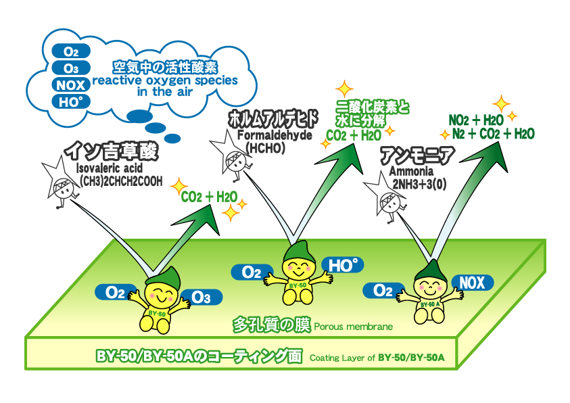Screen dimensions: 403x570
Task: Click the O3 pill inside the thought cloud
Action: [x=71, y=68]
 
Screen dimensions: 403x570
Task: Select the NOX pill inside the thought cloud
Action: [x=71, y=85]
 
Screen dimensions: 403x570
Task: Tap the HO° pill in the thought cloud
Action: [x=71, y=103]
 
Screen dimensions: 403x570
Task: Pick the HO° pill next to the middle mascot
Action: [x=343, y=266]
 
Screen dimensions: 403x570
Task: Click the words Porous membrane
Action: [x=352, y=327]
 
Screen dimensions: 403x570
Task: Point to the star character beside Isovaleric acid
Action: [x=61, y=181]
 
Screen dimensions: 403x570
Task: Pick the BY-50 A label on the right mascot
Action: [x=429, y=304]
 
